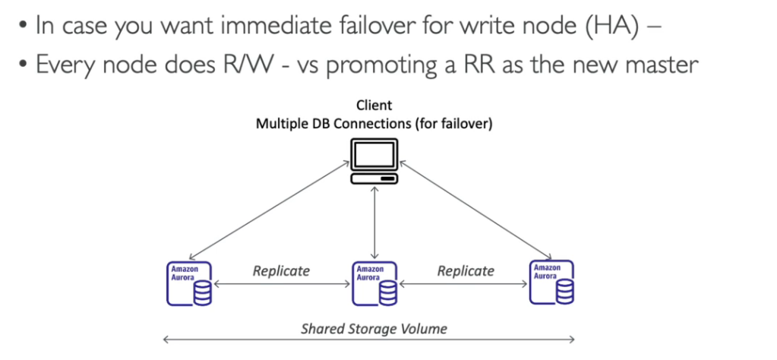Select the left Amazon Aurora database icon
pyautogui.click(x=189, y=283)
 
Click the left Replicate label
pyautogui.click(x=281, y=271)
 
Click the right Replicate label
pyautogui.click(x=466, y=271)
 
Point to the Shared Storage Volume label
pyautogui.click(x=374, y=329)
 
